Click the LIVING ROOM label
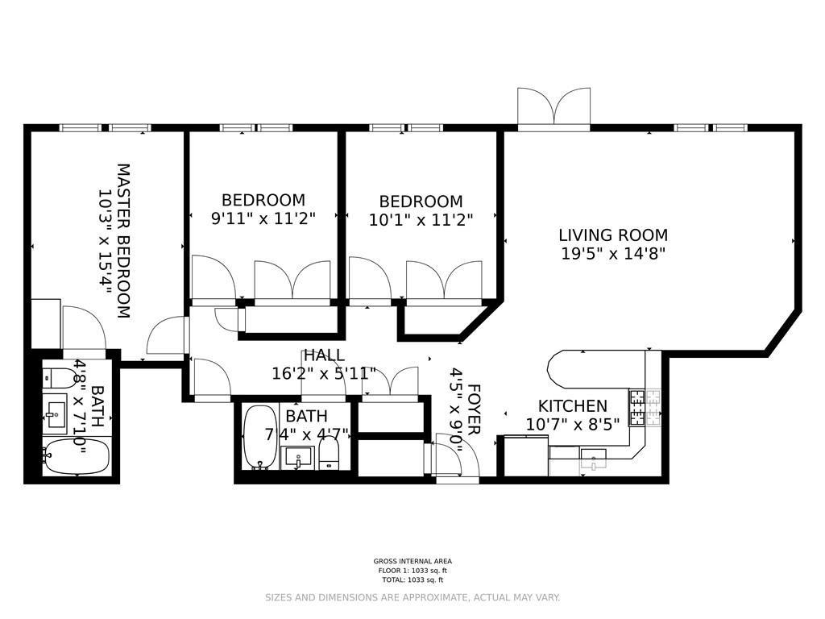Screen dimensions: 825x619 coord(613,235)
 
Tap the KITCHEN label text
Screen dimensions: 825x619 coord(573,406)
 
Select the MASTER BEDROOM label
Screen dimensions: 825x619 coord(122,241)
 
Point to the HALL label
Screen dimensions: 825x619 coord(324,355)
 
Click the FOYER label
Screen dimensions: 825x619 coord(473,409)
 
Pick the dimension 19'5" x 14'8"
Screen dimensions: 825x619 coord(613,254)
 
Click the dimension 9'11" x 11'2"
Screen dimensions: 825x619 coord(263,218)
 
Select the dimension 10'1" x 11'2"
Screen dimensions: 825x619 coord(421,219)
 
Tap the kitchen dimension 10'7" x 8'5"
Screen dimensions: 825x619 coord(573,424)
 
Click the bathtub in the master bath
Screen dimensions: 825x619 coord(77,456)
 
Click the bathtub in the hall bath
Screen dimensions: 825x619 coord(260,437)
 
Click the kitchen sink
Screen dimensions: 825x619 coord(593,459)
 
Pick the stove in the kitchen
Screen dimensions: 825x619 coord(645,407)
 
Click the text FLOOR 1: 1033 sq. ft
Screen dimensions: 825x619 coord(412,571)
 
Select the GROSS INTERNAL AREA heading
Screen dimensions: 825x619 coord(412,561)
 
